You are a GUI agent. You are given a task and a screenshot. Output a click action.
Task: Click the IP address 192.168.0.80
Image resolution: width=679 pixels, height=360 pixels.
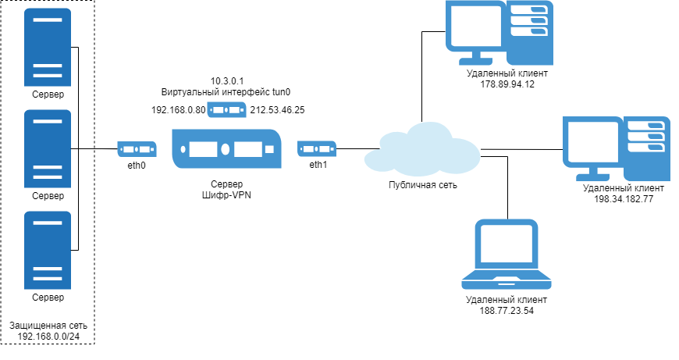[178, 110]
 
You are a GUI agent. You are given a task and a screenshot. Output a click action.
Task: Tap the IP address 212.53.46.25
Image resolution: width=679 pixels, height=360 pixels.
[277, 110]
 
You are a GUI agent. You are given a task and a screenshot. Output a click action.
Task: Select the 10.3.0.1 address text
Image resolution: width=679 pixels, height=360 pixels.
[228, 80]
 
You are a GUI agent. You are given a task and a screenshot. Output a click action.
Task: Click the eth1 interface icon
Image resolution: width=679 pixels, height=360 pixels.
[317, 148]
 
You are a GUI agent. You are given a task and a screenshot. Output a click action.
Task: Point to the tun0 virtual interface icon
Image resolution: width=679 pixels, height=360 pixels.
[228, 109]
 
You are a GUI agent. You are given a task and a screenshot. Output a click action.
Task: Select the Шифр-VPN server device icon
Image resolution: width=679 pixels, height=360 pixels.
[228, 149]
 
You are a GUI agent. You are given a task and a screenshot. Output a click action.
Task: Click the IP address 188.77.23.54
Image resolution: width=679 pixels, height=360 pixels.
[507, 311]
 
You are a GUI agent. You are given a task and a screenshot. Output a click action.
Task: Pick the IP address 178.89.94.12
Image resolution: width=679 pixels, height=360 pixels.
[507, 84]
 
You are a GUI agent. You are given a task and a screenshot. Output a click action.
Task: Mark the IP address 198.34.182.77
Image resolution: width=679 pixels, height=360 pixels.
[623, 199]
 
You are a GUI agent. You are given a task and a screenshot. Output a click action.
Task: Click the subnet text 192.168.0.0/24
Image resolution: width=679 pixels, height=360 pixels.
[48, 337]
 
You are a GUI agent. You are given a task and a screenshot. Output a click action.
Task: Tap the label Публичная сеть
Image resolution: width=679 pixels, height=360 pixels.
[423, 185]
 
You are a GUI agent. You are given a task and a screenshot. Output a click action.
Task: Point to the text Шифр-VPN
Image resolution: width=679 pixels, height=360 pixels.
[227, 196]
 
